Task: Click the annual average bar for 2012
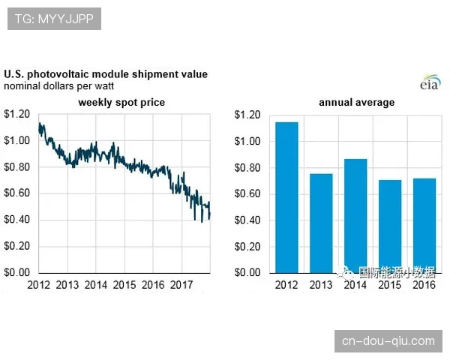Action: coord(286,196)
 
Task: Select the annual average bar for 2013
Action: coord(321,223)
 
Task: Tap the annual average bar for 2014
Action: coord(355,215)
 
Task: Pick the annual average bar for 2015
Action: coord(389,226)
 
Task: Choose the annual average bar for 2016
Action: coord(424,225)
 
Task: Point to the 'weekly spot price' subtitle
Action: coord(121,102)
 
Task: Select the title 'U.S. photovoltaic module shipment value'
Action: coord(106,74)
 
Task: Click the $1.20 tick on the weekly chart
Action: coord(17,114)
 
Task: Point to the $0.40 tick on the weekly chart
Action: coord(17,220)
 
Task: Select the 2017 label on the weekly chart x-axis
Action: coord(181,285)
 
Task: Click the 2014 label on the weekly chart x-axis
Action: coord(95,285)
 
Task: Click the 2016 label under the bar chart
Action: coord(424,286)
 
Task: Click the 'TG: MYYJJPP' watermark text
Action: coord(53,19)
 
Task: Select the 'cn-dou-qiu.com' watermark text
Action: coord(388,340)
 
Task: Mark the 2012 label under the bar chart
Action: coord(286,286)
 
